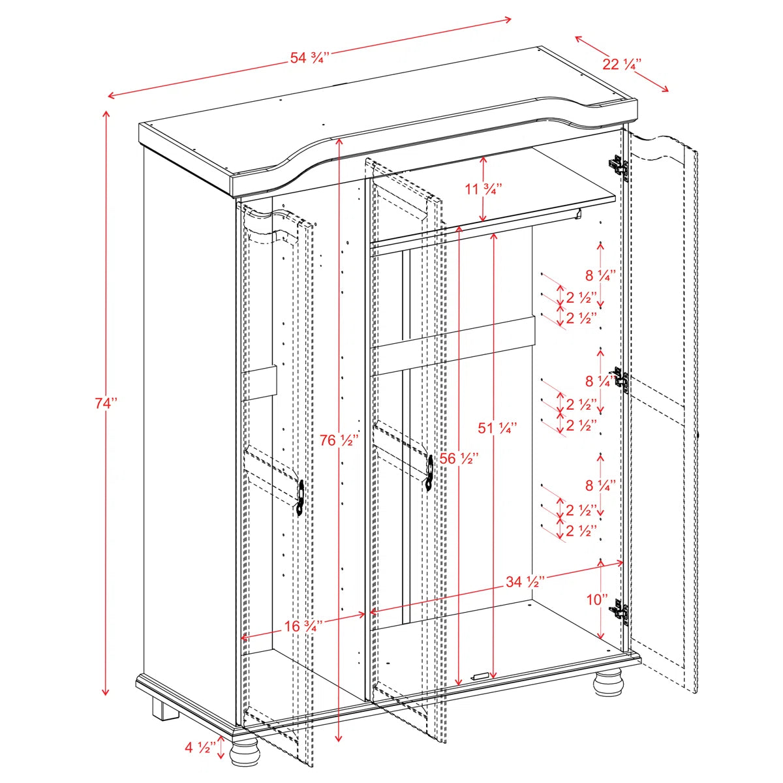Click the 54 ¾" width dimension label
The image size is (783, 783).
click(x=309, y=57)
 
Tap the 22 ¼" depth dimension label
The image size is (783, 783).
click(x=622, y=64)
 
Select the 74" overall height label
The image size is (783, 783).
click(x=106, y=403)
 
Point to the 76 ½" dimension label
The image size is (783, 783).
click(x=339, y=440)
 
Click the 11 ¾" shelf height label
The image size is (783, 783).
click(x=484, y=189)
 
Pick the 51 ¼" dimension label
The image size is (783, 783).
click(x=497, y=428)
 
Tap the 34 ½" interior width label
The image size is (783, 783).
click(x=525, y=582)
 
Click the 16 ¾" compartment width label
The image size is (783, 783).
click(x=303, y=626)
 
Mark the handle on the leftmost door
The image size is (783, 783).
click(x=301, y=498)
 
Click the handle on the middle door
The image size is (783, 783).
click(x=430, y=473)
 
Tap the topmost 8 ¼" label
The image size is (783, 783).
click(x=601, y=276)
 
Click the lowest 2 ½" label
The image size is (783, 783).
click(x=581, y=530)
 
